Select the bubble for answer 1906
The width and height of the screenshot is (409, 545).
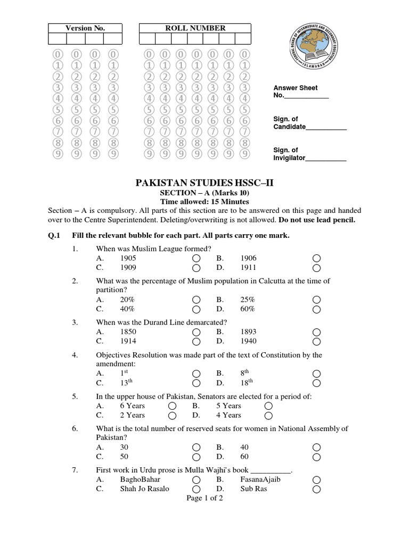317,258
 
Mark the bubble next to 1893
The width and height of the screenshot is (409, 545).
317,332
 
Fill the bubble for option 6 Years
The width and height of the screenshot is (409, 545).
173,406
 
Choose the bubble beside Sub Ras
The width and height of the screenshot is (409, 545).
317,489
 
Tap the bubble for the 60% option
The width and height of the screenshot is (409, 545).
317,309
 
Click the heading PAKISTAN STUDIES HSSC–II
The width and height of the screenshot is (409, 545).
205,184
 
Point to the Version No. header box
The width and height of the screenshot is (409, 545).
85,28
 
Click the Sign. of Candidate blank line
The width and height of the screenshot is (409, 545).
326,128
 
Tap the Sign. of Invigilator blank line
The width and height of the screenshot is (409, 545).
325,159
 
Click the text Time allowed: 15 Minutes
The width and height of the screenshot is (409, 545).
205,202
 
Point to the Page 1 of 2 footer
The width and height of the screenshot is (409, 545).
204,498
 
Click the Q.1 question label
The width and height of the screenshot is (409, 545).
56,235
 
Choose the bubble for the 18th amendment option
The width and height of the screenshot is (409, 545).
317,383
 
